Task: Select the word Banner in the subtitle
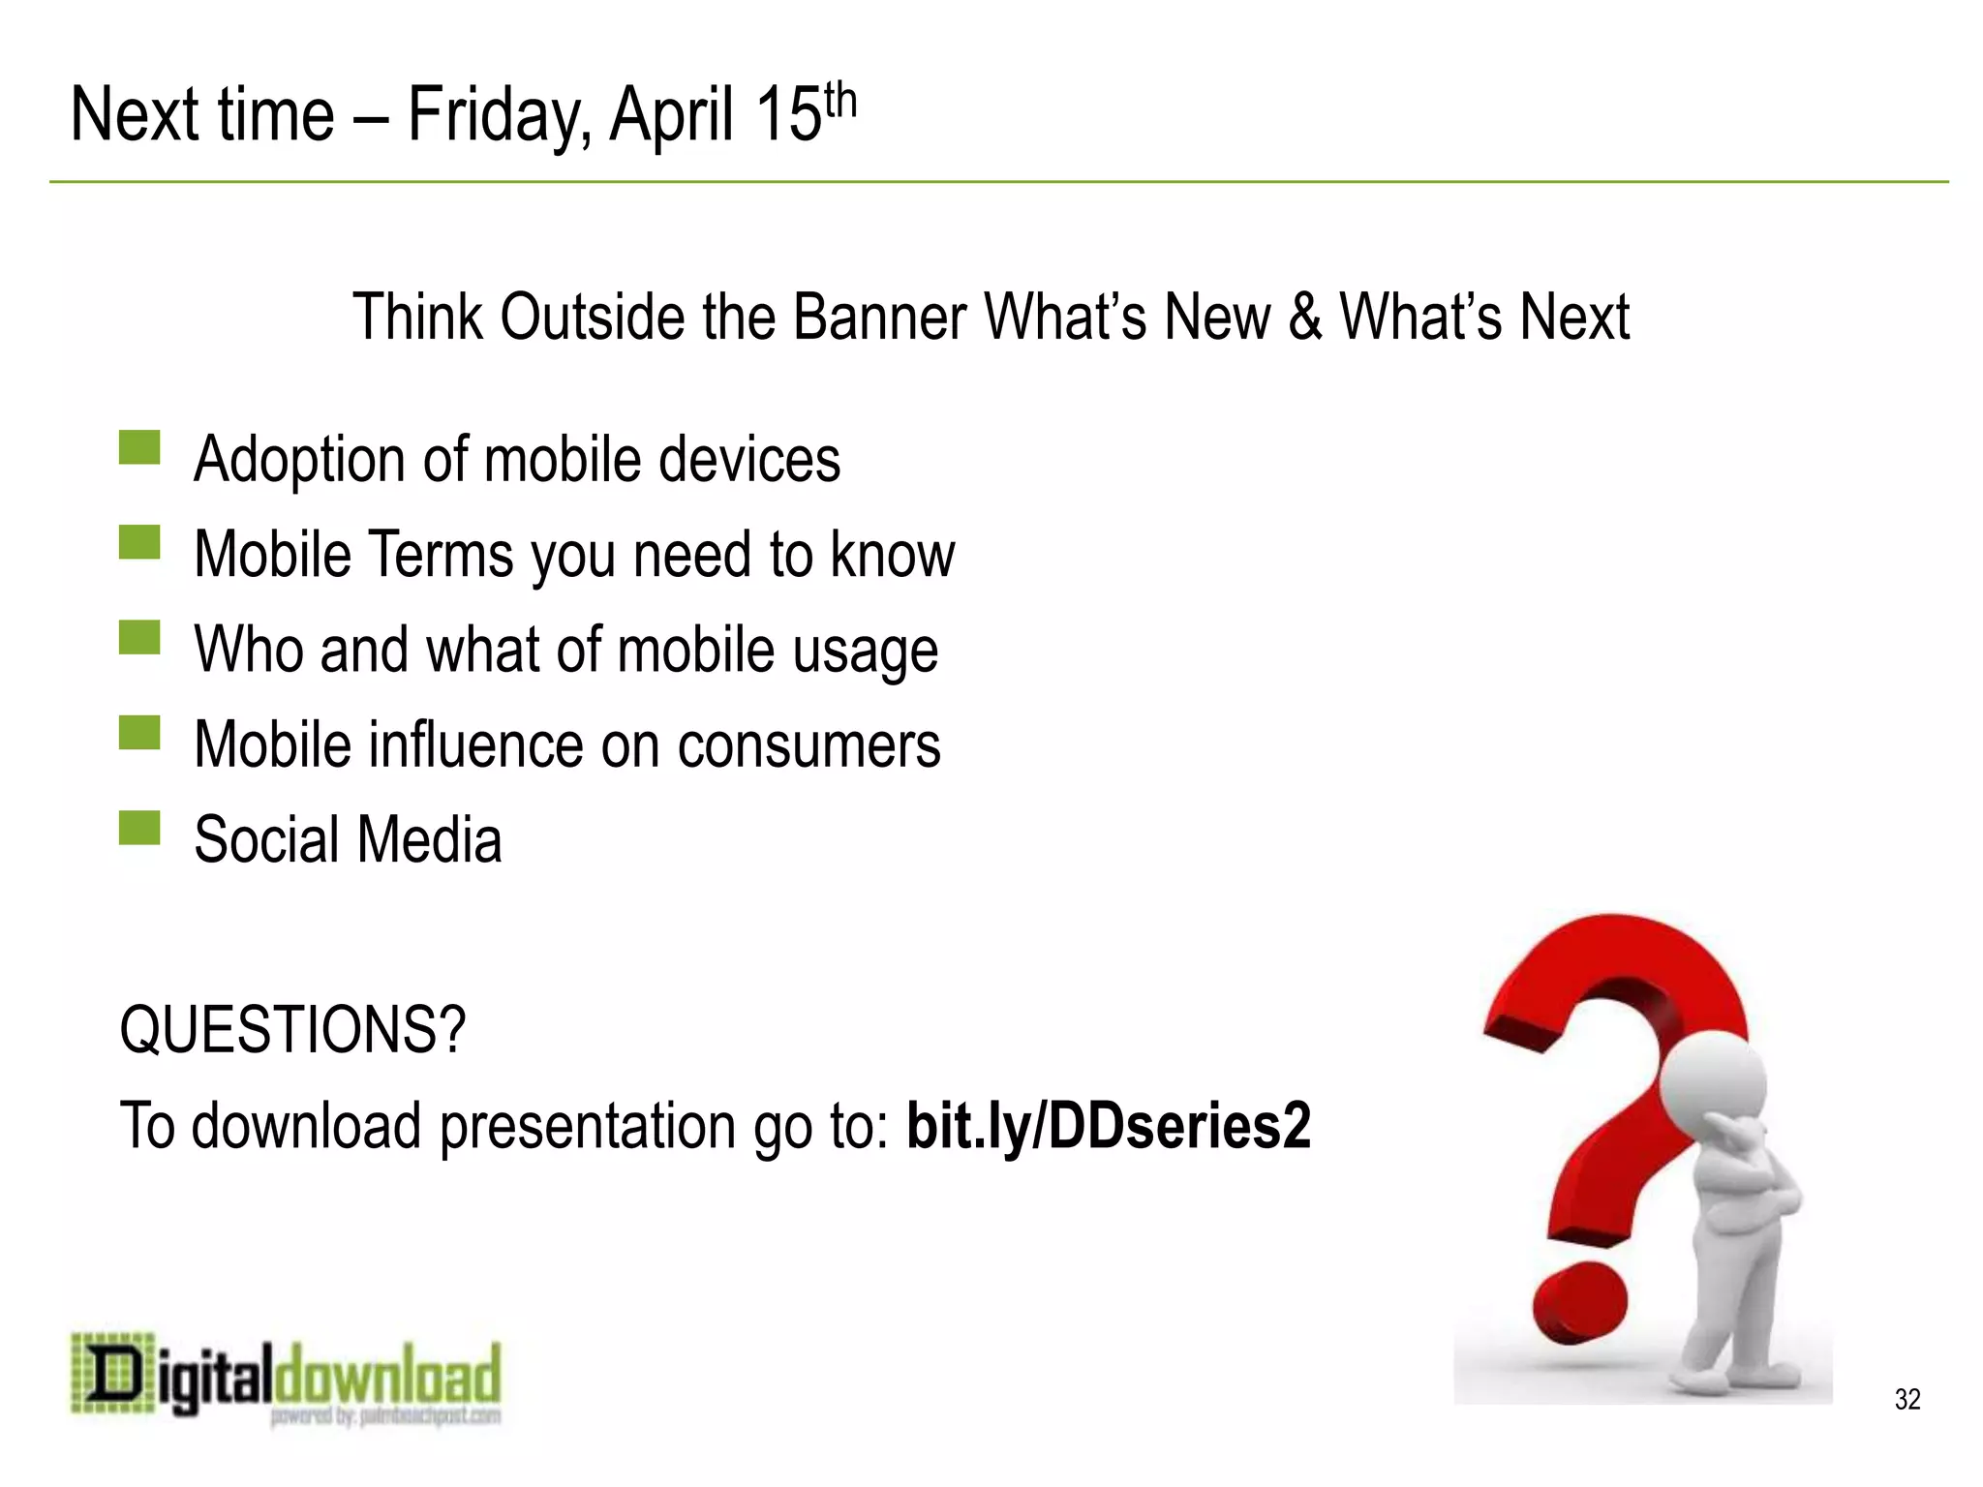[x=878, y=318]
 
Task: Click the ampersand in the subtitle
[x=1305, y=318]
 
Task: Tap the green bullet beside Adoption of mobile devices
[x=139, y=448]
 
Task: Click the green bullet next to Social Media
[x=139, y=829]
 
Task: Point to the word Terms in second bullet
[x=441, y=554]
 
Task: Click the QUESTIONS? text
[x=292, y=1030]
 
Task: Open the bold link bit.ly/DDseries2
[x=1108, y=1126]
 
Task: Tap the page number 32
[x=1907, y=1399]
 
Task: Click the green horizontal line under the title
[x=997, y=182]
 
